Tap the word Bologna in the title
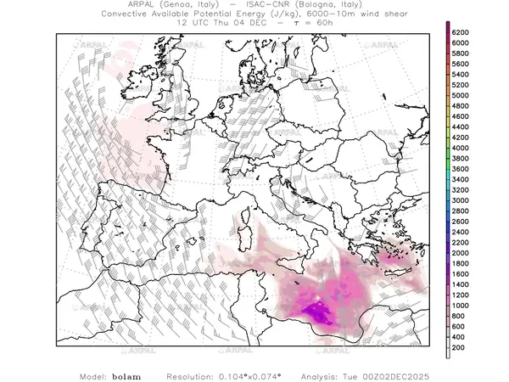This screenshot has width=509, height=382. click(x=303, y=5)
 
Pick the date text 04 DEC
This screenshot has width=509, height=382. click(x=252, y=24)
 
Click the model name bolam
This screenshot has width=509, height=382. click(x=126, y=374)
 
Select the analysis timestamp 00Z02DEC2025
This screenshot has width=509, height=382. click(x=399, y=374)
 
